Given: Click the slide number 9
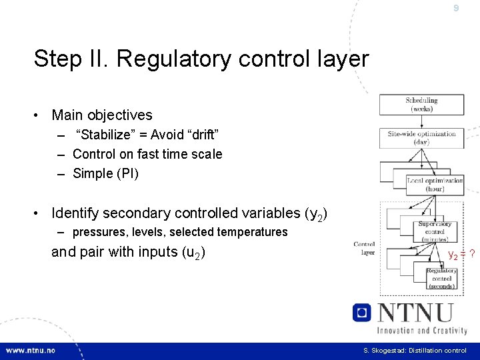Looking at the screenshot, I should [456, 9].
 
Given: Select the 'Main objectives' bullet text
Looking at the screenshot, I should [102, 115].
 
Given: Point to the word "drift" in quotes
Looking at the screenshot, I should [201, 135].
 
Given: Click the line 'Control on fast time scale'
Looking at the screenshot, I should [147, 154].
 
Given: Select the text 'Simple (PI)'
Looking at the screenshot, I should [105, 173].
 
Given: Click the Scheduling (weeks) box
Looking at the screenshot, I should [421, 105].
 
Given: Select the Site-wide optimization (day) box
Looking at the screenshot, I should [421, 138].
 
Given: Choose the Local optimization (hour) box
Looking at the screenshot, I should [435, 185].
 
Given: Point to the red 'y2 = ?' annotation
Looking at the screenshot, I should [461, 254].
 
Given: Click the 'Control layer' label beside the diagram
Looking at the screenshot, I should [364, 248].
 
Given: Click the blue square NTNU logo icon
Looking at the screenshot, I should [362, 313].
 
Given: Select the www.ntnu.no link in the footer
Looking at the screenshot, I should [31, 351].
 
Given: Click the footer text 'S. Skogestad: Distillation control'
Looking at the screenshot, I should [415, 351].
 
